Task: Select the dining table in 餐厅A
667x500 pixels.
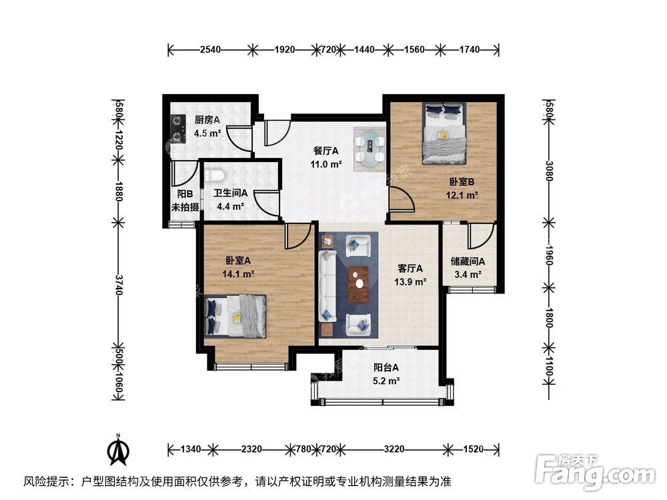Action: (370, 149)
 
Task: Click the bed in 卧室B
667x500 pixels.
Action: (444, 133)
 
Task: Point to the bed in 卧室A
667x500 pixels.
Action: (235, 316)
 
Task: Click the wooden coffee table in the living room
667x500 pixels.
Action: (359, 285)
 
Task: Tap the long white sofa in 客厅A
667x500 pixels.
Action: (327, 286)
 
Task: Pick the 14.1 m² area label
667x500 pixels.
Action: (238, 274)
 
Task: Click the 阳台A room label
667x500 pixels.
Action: (386, 367)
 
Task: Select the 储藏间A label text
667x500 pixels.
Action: (468, 261)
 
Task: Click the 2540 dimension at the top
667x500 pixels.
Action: (210, 49)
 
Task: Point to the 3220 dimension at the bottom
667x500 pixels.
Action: (394, 449)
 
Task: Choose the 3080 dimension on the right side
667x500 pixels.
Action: (549, 171)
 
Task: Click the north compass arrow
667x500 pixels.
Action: (119, 450)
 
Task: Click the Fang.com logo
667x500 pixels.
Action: (595, 471)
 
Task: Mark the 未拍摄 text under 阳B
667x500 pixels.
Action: (185, 207)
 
